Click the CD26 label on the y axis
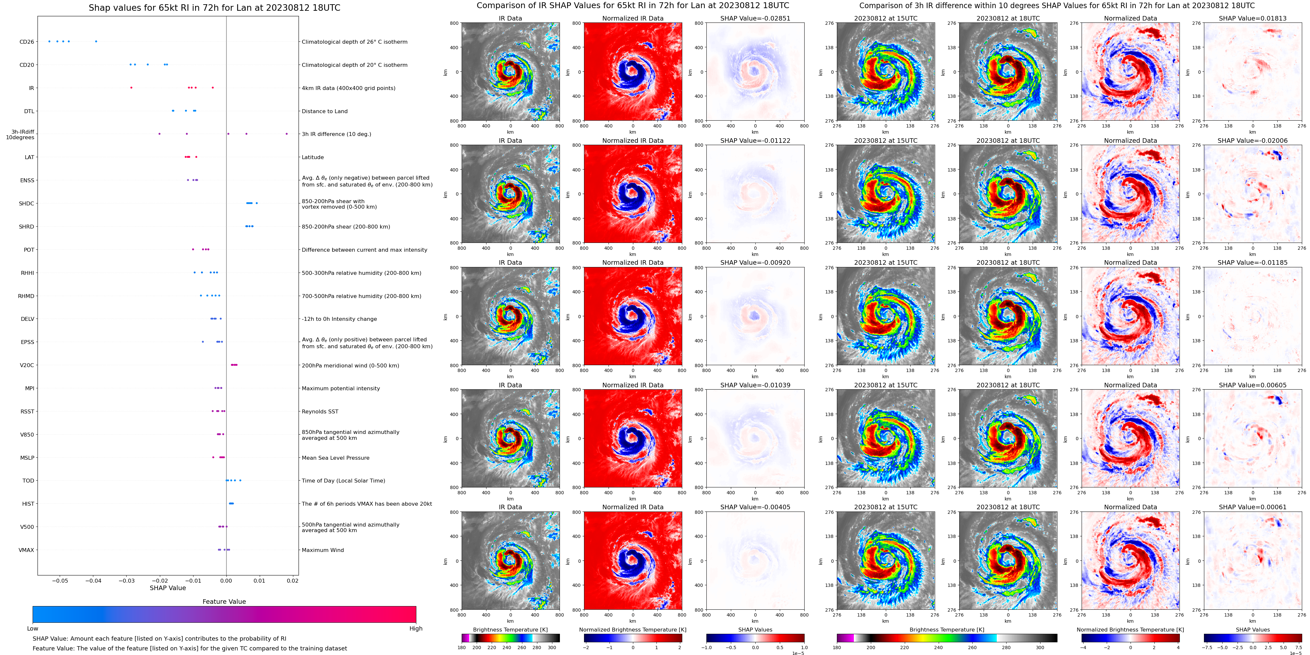tap(26, 42)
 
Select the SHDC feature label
tap(26, 204)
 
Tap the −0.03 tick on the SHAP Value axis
tap(126, 581)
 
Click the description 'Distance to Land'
tap(324, 111)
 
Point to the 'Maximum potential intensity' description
tap(341, 389)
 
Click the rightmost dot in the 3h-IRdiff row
tap(287, 134)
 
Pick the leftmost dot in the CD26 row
tap(49, 41)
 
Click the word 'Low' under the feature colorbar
tap(33, 629)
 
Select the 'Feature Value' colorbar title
tap(224, 602)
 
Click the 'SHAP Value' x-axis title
tap(167, 588)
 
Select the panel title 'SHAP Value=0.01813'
tap(1253, 18)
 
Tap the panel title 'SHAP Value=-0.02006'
tap(1253, 141)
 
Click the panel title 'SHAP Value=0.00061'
tap(1253, 507)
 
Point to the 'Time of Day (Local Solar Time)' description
tap(343, 481)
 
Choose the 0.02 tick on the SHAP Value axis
tap(292, 581)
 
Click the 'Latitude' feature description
tap(313, 157)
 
